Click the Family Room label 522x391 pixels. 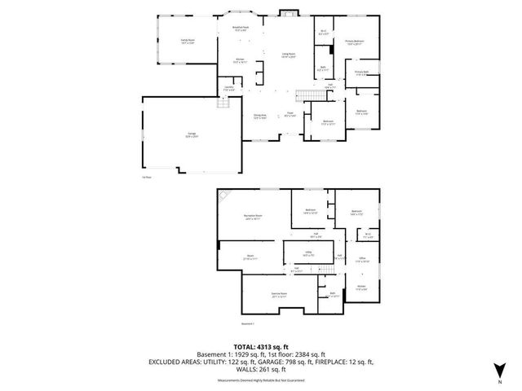click(x=169, y=40)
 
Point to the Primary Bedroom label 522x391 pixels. click(x=354, y=42)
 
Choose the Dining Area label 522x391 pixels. click(x=259, y=116)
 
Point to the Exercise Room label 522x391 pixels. click(x=259, y=294)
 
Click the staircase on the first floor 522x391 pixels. click(x=307, y=97)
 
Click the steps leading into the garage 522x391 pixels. click(x=220, y=103)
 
